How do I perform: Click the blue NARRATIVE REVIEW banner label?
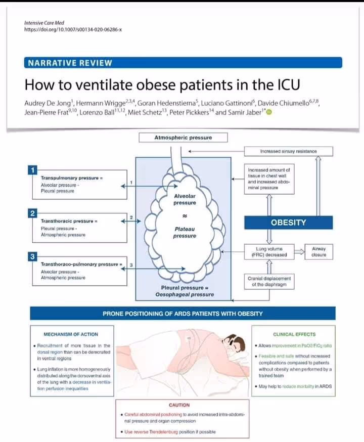point(70,63)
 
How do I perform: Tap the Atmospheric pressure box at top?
point(183,138)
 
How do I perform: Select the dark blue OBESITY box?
point(288,222)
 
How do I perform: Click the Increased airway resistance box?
point(288,151)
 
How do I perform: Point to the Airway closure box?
point(318,252)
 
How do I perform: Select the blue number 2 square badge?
point(33,213)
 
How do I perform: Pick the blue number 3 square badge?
point(33,257)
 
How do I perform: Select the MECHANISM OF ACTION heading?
point(71,334)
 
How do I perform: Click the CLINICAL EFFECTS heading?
point(294,334)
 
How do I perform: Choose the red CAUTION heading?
point(179,405)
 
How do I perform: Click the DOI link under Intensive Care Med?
point(73,29)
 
